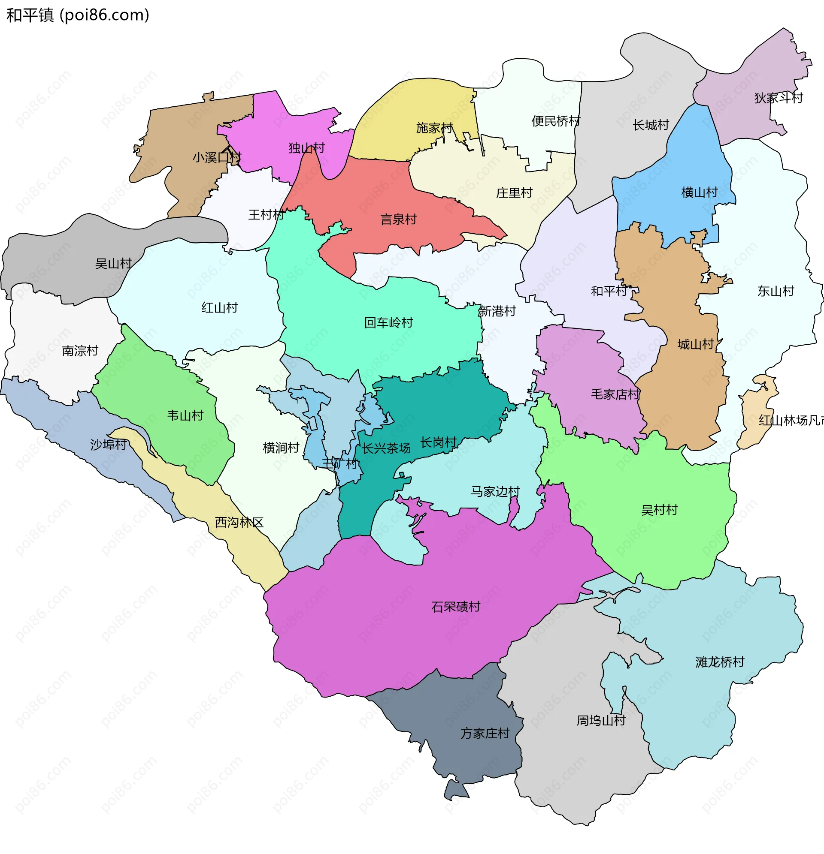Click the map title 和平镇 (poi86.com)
[78, 15]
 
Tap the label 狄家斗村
[778, 98]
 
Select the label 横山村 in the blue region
[699, 192]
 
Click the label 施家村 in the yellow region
[434, 128]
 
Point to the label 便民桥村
[556, 121]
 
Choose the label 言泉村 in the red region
[398, 219]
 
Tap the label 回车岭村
[388, 323]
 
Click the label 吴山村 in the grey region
[113, 264]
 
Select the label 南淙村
[80, 351]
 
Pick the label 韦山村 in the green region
[185, 415]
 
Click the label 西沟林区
[239, 523]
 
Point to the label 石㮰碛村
[455, 607]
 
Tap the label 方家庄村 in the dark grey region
[485, 733]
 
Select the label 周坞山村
[601, 721]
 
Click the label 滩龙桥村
[720, 662]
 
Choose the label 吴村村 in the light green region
[659, 510]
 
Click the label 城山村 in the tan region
[695, 345]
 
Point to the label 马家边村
[495, 491]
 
